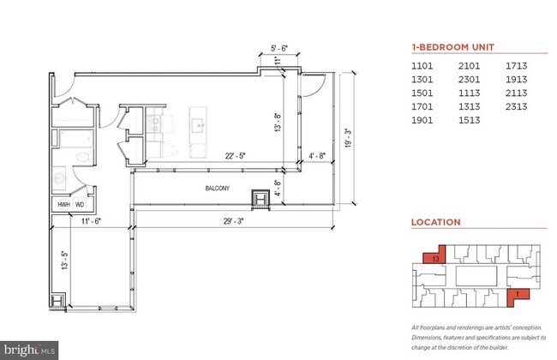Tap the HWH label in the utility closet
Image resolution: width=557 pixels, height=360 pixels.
click(63, 204)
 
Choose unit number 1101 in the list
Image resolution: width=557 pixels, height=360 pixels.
click(423, 65)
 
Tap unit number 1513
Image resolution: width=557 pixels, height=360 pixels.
click(469, 121)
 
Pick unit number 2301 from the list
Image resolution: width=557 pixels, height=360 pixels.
click(469, 80)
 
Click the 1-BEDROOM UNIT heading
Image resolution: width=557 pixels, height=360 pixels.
click(451, 47)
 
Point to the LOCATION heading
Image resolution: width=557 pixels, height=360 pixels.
click(435, 222)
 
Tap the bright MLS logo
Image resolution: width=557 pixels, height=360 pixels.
click(29, 350)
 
